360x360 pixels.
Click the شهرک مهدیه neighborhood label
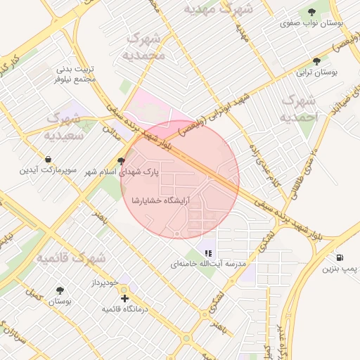(x=217, y=9)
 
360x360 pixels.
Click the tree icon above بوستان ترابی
(x=316, y=61)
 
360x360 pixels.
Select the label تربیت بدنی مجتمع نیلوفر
(x=75, y=74)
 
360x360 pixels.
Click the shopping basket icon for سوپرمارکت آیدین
(x=48, y=159)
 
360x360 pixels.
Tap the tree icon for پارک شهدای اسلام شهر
(x=121, y=161)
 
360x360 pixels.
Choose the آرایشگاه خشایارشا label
(x=160, y=200)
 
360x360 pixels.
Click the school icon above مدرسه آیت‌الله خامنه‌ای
(x=207, y=252)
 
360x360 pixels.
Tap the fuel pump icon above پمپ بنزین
(x=340, y=258)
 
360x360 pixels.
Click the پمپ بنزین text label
(x=340, y=269)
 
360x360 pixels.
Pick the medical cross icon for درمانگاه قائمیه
(x=125, y=298)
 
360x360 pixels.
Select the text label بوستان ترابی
(x=316, y=72)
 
